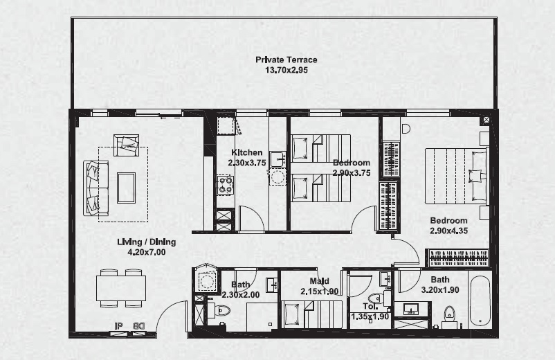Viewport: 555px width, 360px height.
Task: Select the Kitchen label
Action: point(246,153)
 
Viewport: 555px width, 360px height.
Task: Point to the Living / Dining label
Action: point(146,242)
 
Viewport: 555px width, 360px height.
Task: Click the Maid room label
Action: point(319,282)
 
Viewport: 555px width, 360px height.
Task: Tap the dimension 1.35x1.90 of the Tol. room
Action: point(370,316)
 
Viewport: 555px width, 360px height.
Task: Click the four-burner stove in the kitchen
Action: point(226,184)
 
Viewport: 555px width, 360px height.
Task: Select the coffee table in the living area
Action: point(126,188)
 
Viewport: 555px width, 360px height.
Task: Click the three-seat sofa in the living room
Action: point(95,188)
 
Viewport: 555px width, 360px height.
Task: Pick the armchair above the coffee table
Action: point(127,145)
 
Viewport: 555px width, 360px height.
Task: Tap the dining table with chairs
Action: point(121,288)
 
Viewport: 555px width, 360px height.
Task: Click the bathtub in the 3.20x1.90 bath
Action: point(480,302)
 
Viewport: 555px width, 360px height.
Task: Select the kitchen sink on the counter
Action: point(277,160)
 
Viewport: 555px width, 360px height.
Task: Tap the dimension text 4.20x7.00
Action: point(146,253)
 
